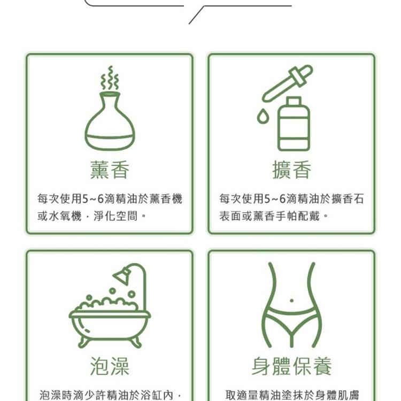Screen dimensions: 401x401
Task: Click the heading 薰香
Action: [110, 171]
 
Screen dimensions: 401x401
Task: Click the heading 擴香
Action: [291, 171]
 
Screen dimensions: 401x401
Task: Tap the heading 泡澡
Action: [110, 367]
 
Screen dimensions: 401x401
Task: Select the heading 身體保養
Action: [291, 367]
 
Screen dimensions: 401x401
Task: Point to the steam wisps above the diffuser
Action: [110, 79]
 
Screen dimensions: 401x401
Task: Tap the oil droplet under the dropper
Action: [263, 115]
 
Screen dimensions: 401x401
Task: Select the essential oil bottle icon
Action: [294, 125]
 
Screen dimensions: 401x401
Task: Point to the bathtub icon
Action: [110, 321]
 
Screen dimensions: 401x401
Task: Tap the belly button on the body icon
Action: [291, 300]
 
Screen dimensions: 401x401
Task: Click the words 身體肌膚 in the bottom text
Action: [340, 395]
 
